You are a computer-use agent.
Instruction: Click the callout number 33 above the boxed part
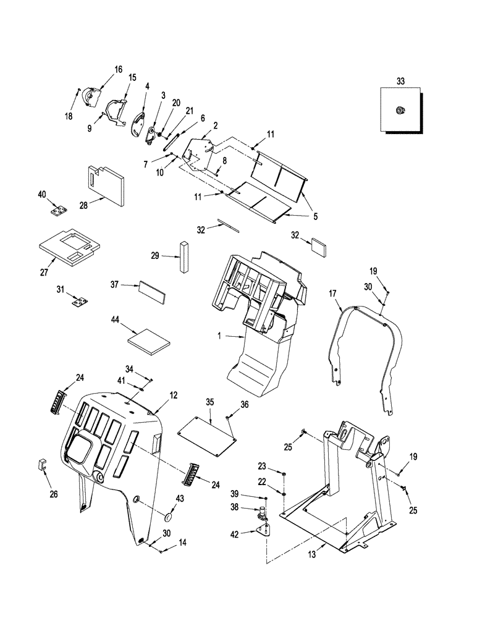coord(400,81)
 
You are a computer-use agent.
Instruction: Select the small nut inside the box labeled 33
coord(400,111)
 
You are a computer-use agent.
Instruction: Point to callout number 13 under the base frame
coord(313,555)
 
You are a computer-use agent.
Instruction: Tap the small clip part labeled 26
coord(43,465)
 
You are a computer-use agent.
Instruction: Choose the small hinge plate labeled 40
coord(58,211)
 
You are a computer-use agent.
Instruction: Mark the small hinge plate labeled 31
coord(79,301)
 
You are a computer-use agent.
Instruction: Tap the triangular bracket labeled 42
coord(264,531)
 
